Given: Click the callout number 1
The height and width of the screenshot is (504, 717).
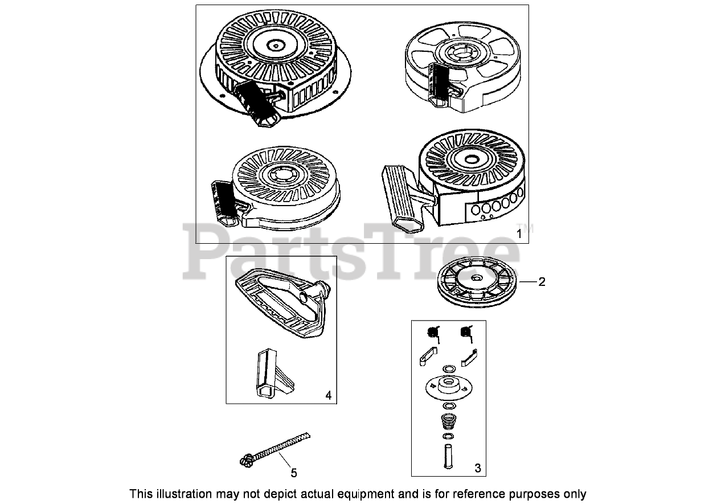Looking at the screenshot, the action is pyautogui.click(x=518, y=233).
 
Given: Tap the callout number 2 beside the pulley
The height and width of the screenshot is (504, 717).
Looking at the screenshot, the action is pyautogui.click(x=542, y=281).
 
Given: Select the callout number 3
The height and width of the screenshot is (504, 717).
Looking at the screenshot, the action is pyautogui.click(x=477, y=468).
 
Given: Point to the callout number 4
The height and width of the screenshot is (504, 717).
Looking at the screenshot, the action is pyautogui.click(x=328, y=395).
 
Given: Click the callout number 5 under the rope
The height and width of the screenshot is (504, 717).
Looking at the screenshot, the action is pyautogui.click(x=293, y=472).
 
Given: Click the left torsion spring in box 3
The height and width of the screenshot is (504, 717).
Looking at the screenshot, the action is pyautogui.click(x=435, y=332).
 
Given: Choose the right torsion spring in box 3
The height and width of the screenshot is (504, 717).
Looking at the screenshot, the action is pyautogui.click(x=467, y=332).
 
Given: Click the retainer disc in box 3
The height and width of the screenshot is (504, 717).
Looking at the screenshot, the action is pyautogui.click(x=448, y=388).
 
